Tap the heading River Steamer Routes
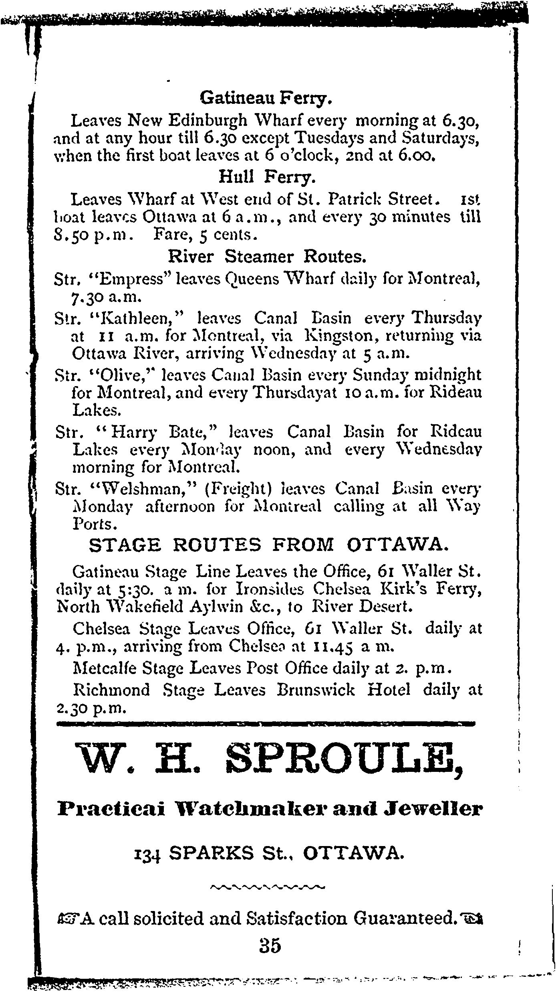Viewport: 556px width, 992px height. pos(267,257)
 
